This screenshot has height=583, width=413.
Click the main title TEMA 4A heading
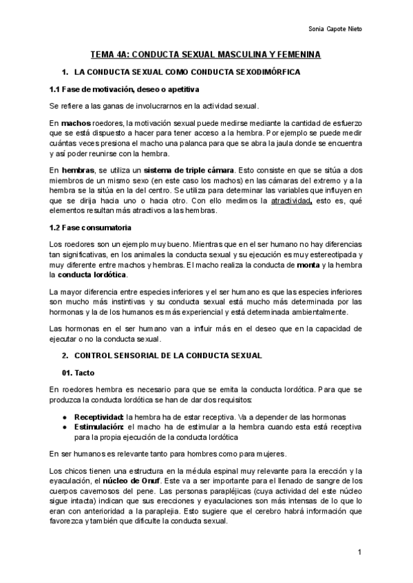pyautogui.click(x=206, y=54)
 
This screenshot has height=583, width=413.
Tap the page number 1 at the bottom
pyautogui.click(x=359, y=552)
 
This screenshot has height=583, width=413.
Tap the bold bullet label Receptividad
pyautogui.click(x=98, y=418)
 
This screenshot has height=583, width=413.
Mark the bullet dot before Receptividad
pyautogui.click(x=64, y=418)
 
